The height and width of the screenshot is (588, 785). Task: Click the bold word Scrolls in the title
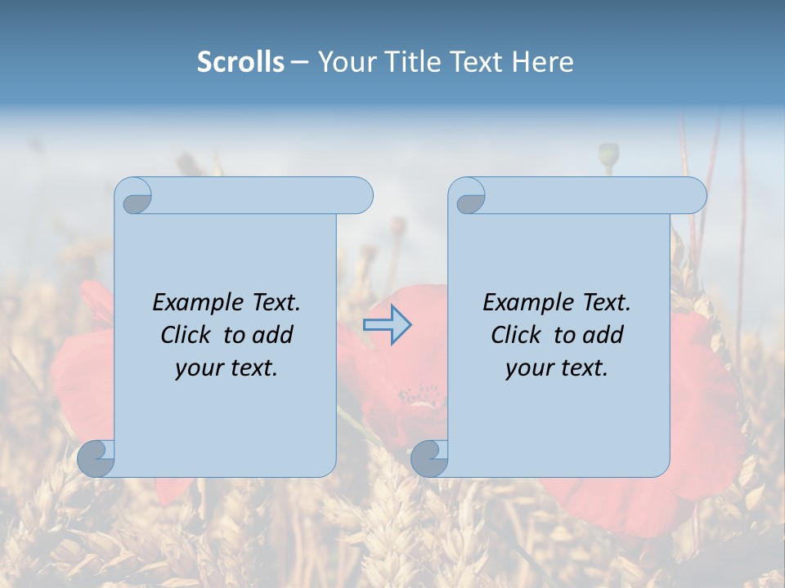[240, 62]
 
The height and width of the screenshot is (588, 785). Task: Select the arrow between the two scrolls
[387, 325]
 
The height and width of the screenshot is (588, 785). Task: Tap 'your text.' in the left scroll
[227, 367]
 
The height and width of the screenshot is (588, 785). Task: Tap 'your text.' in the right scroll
[557, 367]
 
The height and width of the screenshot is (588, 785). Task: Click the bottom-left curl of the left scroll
[96, 459]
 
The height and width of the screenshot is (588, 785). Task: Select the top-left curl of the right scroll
[469, 197]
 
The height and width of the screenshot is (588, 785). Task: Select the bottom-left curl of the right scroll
[429, 459]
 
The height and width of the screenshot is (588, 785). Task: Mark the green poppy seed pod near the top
[608, 154]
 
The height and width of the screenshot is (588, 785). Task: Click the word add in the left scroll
[273, 335]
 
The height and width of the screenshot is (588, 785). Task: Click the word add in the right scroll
[603, 335]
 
